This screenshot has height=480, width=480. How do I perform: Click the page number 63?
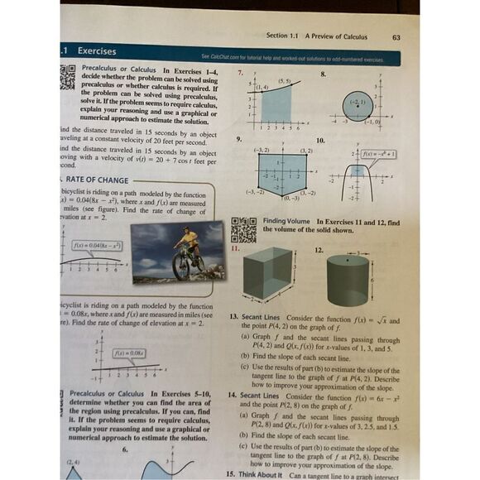coord(396,36)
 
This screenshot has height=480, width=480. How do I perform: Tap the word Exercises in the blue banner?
coord(97,50)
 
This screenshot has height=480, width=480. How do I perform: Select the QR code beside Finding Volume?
coord(243,228)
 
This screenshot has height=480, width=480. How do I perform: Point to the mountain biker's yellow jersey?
coord(190,240)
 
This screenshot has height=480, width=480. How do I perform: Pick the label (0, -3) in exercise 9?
coord(290,199)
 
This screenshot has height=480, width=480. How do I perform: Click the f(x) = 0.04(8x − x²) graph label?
coord(97,246)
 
